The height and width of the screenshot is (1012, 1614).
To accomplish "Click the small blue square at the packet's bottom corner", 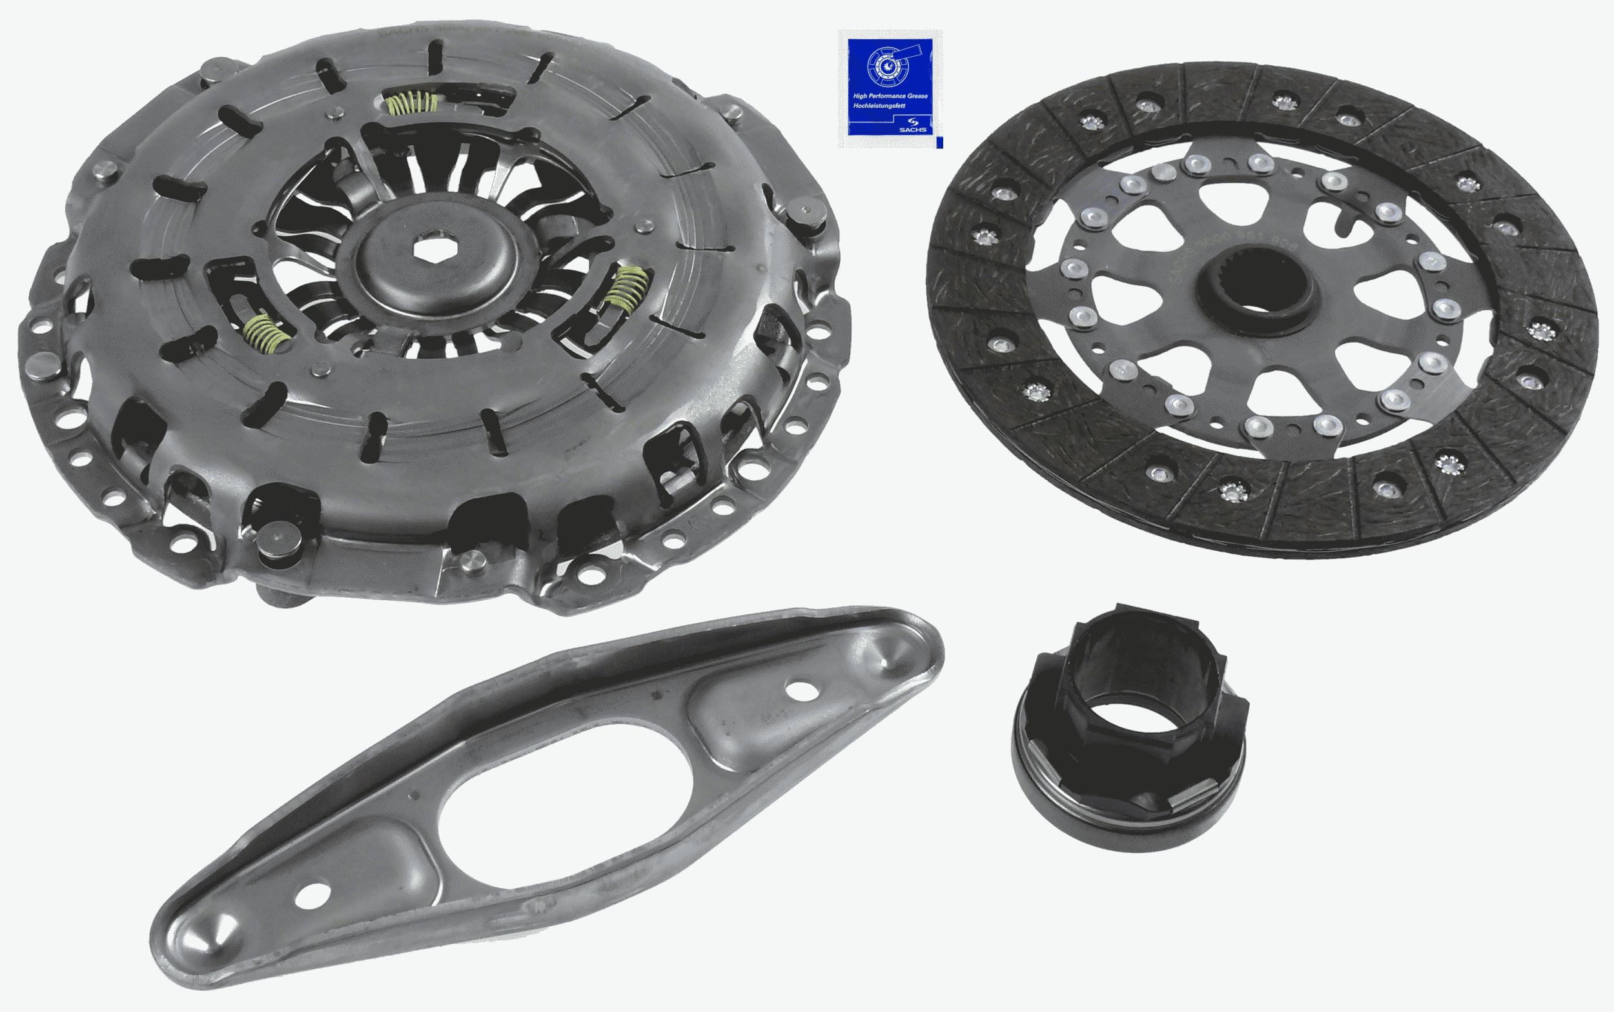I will (x=939, y=143).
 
